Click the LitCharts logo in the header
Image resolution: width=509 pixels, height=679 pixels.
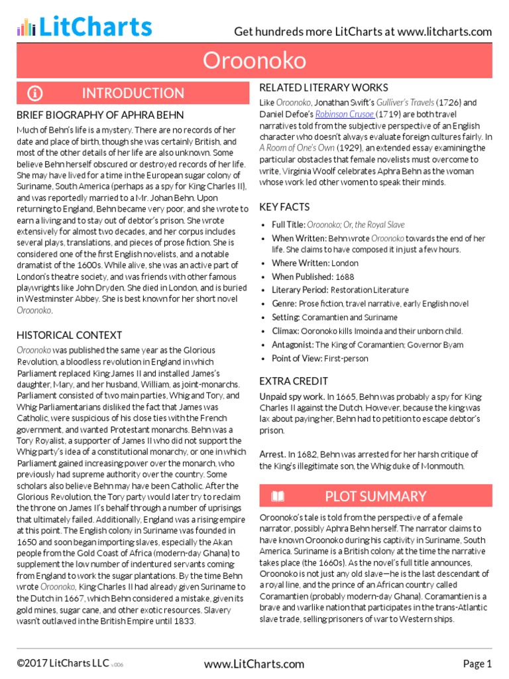point(85,27)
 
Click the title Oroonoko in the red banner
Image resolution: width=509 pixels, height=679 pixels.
point(254,61)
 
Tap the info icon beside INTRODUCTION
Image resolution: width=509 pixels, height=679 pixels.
point(35,93)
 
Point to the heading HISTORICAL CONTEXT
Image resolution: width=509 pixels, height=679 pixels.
point(69,335)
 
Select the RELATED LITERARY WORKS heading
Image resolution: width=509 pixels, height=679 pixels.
point(323,88)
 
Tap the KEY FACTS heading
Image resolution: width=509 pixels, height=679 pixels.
point(286,208)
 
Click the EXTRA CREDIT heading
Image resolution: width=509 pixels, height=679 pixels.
point(294,381)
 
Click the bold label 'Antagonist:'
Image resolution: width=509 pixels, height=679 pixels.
point(292,345)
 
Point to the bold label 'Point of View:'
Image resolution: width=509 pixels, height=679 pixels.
point(297,359)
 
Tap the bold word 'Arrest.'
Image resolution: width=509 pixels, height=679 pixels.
point(272,454)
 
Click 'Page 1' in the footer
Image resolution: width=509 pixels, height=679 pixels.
point(477,664)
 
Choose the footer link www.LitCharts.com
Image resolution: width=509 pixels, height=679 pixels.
point(254,664)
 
